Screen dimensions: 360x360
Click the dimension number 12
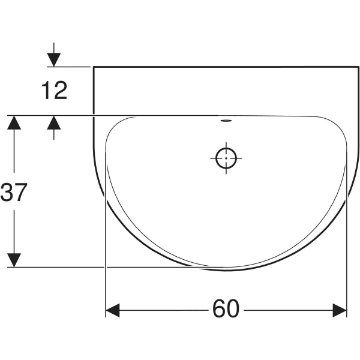(x=54, y=91)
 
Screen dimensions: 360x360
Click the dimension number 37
(x=14, y=193)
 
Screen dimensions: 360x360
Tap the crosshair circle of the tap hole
(x=226, y=159)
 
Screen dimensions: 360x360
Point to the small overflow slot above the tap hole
(x=226, y=120)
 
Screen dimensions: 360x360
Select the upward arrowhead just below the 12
(x=54, y=122)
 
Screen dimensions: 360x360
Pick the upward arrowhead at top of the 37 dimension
(x=14, y=123)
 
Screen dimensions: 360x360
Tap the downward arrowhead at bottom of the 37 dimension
(x=14, y=260)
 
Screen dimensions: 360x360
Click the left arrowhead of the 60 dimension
(x=113, y=310)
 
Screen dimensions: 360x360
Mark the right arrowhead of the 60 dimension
(x=340, y=310)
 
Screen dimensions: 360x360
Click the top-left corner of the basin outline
(x=94, y=67)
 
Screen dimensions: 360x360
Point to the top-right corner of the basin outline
(x=358, y=67)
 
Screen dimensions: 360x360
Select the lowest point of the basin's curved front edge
(x=226, y=270)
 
